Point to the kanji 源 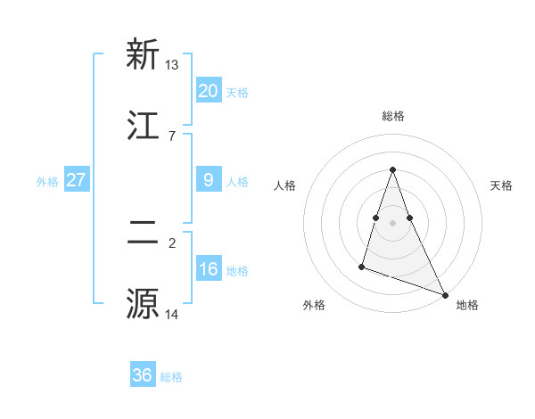click(x=142, y=304)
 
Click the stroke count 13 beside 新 click(x=172, y=64)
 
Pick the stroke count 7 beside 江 click(x=172, y=136)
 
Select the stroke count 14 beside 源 click(x=172, y=314)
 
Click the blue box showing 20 click(x=208, y=91)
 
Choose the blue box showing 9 click(x=208, y=180)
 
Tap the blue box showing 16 click(x=208, y=269)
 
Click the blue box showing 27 click(x=76, y=180)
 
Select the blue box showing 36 click(x=143, y=375)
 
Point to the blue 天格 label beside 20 click(x=237, y=93)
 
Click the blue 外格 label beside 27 click(x=47, y=182)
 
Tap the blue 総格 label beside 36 click(x=171, y=377)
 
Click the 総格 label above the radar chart click(x=392, y=116)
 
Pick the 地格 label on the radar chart click(x=467, y=305)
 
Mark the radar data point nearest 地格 click(x=445, y=295)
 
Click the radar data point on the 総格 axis click(x=392, y=169)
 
